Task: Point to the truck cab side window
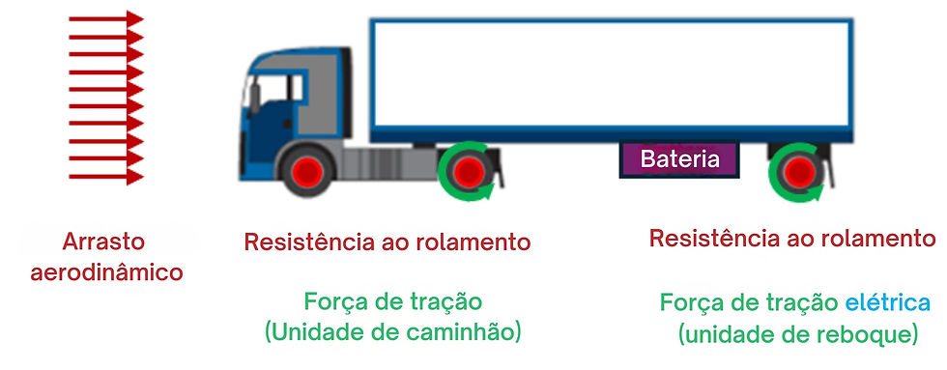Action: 274,89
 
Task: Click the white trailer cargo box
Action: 611,75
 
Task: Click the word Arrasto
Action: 103,242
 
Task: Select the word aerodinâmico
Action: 106,272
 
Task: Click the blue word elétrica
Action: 887,302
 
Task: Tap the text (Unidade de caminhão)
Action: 392,333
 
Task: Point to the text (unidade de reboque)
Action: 797,335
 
